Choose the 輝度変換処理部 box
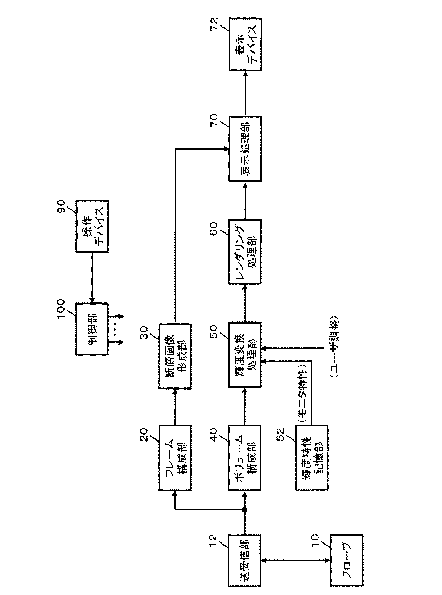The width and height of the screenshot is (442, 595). (x=244, y=355)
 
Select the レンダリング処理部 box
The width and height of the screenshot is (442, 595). (x=244, y=251)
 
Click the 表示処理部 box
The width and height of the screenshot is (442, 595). (x=244, y=148)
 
